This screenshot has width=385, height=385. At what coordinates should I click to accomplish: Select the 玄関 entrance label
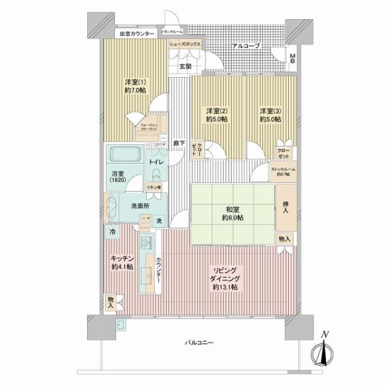click(x=185, y=65)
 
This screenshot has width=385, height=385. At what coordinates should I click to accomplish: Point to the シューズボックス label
click(x=186, y=44)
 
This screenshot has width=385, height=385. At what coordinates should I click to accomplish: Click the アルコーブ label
click(x=246, y=46)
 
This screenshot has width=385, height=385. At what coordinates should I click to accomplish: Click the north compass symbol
click(x=325, y=352)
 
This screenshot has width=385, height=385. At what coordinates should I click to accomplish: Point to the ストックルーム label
click(x=283, y=172)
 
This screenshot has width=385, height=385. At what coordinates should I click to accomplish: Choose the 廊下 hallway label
click(x=181, y=143)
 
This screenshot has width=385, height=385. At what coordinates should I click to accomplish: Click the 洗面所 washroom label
click(x=140, y=206)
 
